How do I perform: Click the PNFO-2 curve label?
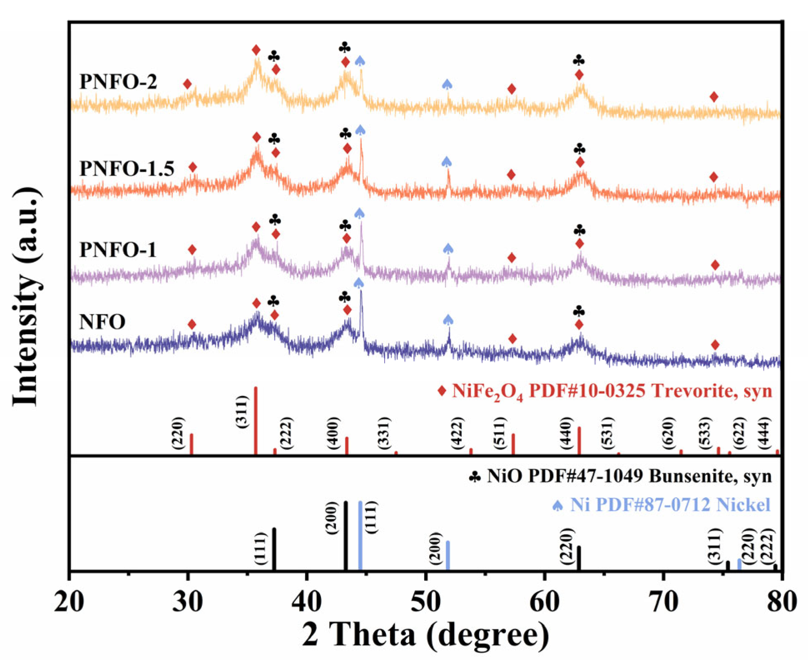point(118,82)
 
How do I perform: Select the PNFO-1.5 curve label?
point(127,169)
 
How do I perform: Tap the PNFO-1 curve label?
point(118,250)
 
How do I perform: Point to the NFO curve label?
point(102,322)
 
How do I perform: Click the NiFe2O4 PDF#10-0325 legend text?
point(611,391)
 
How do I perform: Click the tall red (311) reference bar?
point(256,420)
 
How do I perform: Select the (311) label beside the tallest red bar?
point(242,412)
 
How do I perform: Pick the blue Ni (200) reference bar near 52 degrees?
point(448,555)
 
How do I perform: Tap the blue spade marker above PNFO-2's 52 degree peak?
point(447,84)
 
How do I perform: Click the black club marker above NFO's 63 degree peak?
point(579,311)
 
